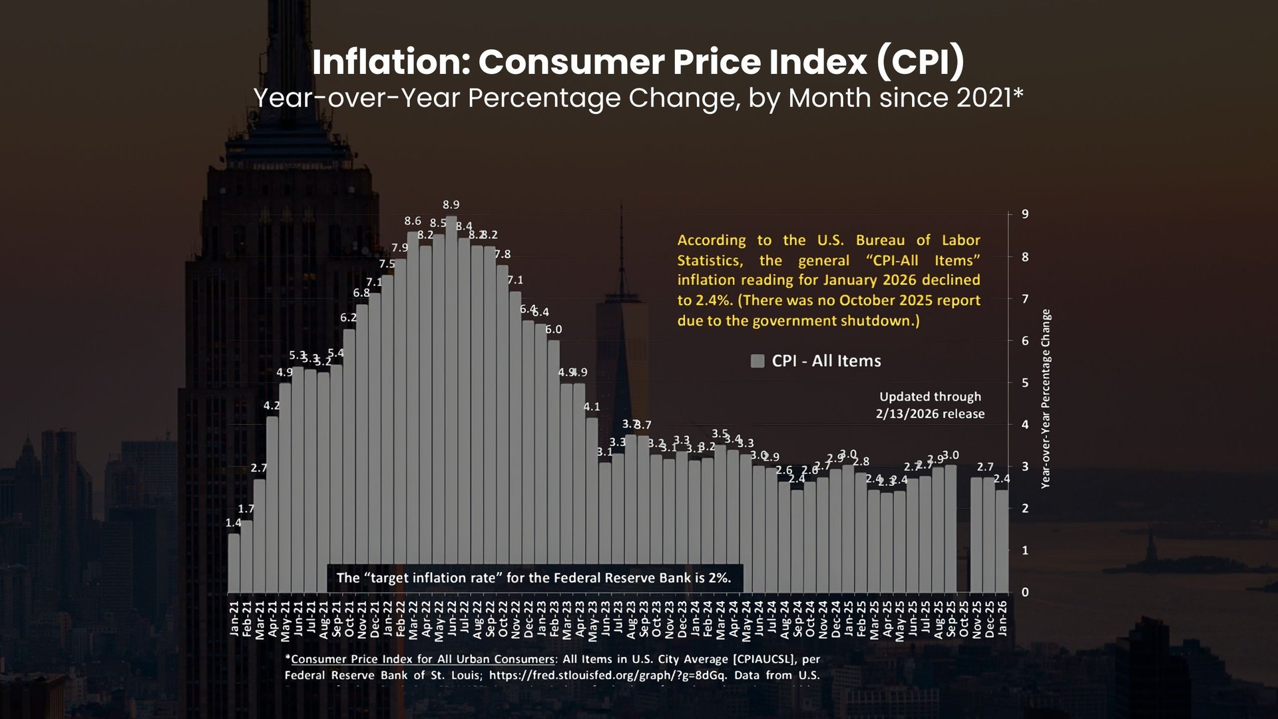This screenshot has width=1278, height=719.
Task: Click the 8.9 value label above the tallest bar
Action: click(x=451, y=205)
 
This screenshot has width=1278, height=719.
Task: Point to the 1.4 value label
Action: click(x=233, y=523)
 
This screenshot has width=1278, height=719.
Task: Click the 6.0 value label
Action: click(x=554, y=330)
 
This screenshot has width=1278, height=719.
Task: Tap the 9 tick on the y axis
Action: click(x=1025, y=214)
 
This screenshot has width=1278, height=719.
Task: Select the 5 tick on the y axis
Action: click(x=1025, y=383)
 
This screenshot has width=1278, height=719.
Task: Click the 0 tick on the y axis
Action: click(x=1025, y=593)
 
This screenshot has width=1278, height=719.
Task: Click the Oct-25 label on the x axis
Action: click(x=964, y=619)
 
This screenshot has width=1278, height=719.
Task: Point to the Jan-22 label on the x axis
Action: click(x=387, y=619)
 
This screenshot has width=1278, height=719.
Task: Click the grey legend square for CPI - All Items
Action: click(x=757, y=361)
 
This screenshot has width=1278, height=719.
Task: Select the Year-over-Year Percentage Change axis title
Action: click(x=1046, y=399)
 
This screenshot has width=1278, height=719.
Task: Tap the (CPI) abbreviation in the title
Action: click(x=921, y=62)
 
